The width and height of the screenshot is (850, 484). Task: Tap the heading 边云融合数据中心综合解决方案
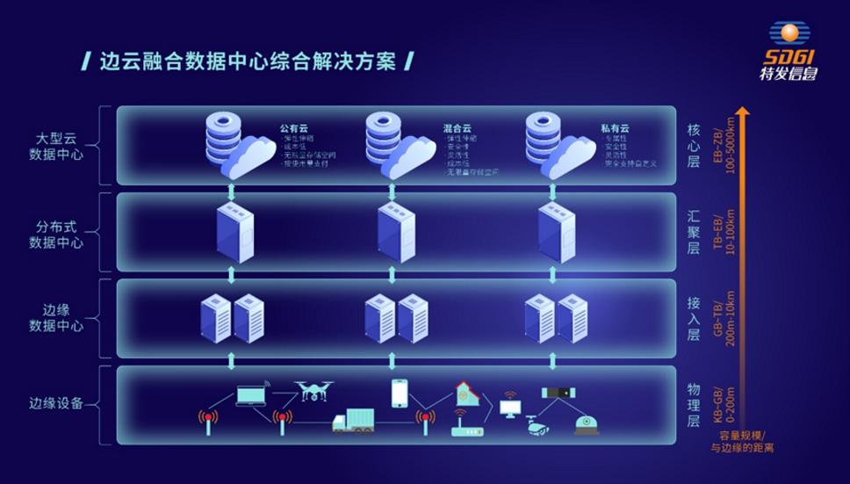(x=247, y=62)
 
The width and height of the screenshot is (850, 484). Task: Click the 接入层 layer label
(x=693, y=317)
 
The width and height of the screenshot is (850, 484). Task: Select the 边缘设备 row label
(x=56, y=403)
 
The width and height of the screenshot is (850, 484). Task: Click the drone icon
(x=313, y=390)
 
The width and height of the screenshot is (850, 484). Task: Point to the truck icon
(x=353, y=421)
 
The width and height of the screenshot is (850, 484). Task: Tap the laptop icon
(x=251, y=396)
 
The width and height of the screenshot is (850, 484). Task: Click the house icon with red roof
(x=465, y=394)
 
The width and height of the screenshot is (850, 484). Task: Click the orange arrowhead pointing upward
(x=743, y=113)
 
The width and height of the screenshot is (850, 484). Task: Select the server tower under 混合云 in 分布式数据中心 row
(x=395, y=231)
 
